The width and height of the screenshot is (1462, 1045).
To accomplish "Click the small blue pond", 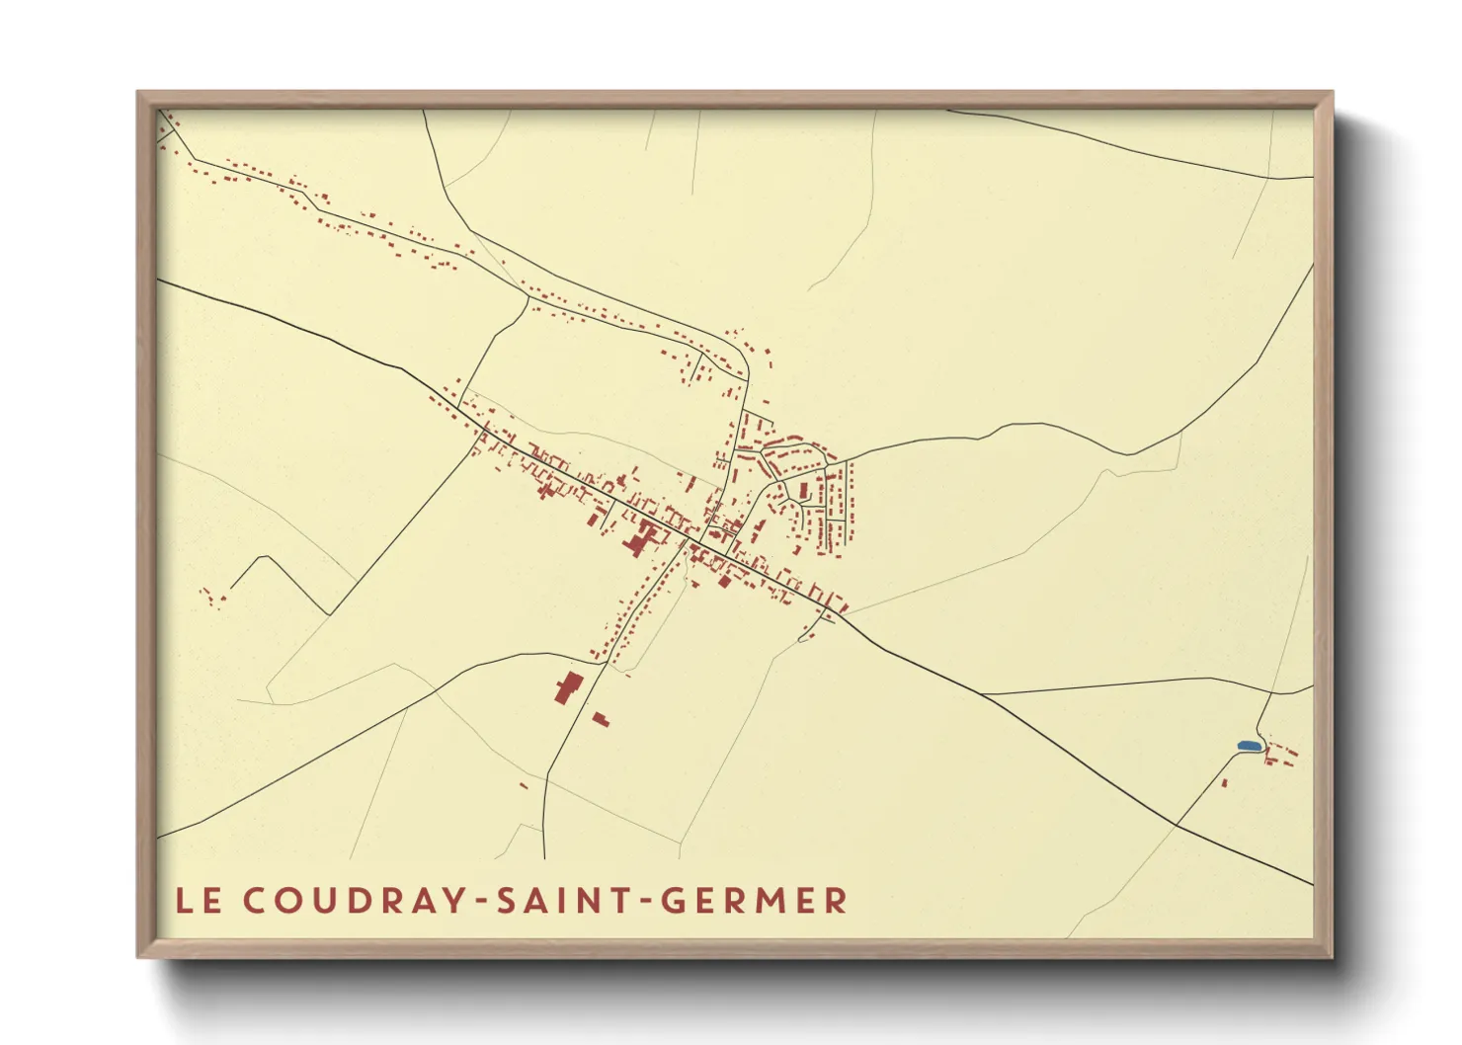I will [1249, 745].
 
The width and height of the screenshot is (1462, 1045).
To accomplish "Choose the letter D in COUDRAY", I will [356, 901].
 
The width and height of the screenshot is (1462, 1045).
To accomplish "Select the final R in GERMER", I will [837, 901].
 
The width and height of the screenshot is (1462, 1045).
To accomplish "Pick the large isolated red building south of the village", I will [568, 686].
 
